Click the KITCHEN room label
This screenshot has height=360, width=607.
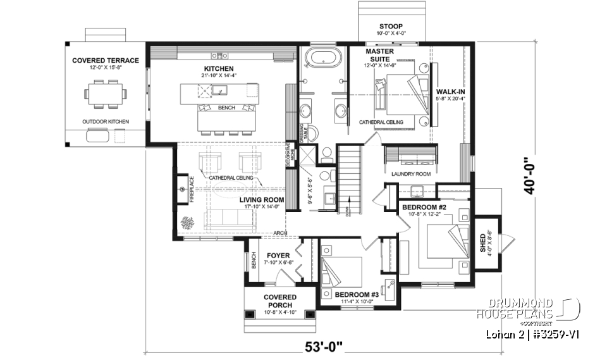pos(219,68)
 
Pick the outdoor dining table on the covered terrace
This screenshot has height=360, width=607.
pos(105,93)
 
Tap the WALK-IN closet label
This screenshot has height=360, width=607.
pos(450,91)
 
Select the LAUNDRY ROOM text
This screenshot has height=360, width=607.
pos(410,173)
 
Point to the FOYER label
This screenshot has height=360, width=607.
pos(278,256)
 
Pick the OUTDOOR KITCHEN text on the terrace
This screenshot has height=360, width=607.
pos(105,121)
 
